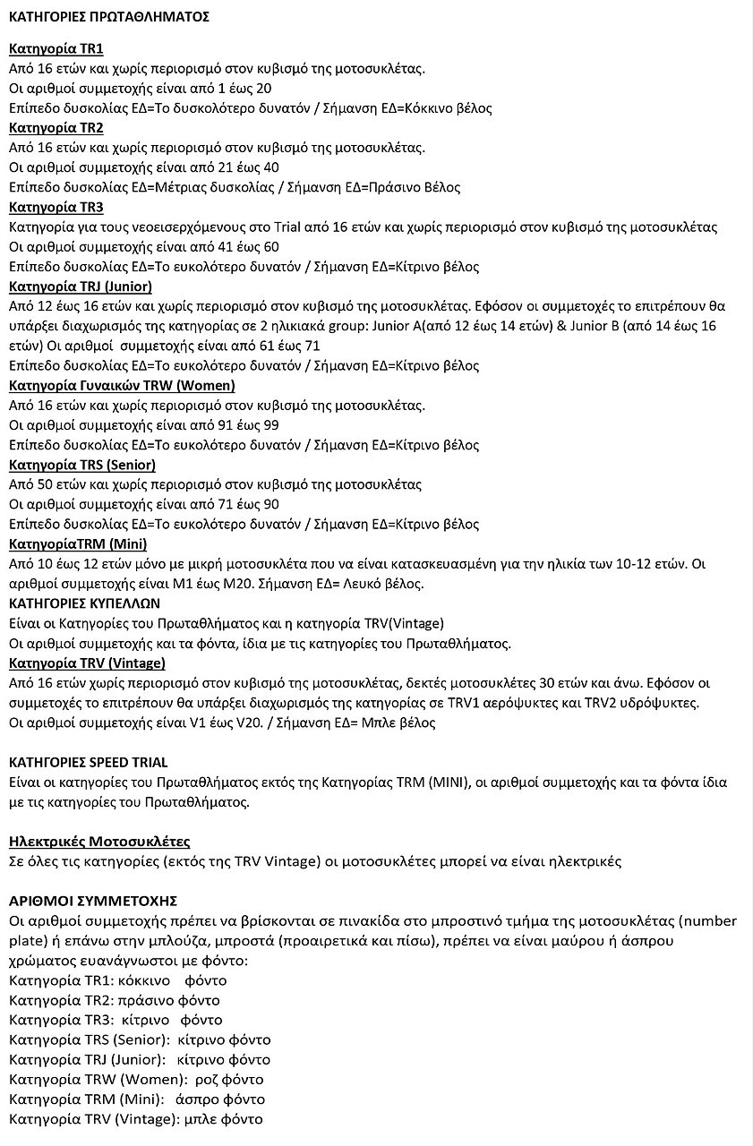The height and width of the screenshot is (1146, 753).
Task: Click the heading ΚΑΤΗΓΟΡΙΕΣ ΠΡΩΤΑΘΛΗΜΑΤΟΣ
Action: [x=109, y=17]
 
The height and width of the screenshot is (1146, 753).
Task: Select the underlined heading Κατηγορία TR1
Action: [x=56, y=49]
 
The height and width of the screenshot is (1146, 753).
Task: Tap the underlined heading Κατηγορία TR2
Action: [x=56, y=128]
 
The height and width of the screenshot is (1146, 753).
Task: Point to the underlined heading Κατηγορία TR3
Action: [x=56, y=207]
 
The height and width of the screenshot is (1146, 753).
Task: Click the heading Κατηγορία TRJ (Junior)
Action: [x=80, y=286]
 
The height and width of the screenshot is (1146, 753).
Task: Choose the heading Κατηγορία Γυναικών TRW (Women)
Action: [x=122, y=385]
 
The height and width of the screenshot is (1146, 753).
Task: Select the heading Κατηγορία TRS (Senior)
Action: [x=81, y=465]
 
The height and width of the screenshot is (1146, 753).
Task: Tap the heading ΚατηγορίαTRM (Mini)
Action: [x=78, y=543]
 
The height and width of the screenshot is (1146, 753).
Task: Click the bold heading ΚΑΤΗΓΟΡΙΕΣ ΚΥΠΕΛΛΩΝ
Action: [x=84, y=603]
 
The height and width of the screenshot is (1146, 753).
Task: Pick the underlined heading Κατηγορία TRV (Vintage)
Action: [x=87, y=663]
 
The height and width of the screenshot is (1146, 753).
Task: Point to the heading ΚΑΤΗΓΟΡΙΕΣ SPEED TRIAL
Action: [x=88, y=762]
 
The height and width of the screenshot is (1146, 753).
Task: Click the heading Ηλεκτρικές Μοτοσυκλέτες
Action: [x=99, y=842]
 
